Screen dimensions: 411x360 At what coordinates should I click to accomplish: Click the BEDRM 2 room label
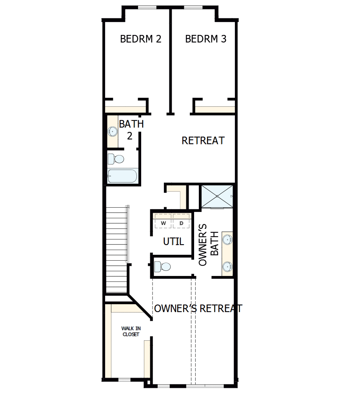pyautogui.click(x=140, y=39)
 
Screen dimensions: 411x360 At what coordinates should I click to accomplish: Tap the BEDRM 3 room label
pyautogui.click(x=205, y=39)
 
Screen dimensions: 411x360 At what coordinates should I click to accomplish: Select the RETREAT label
pyautogui.click(x=203, y=141)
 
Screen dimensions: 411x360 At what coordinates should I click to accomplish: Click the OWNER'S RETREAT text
pyautogui.click(x=198, y=309)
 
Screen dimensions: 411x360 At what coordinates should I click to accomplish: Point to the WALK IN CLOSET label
pyautogui.click(x=131, y=331)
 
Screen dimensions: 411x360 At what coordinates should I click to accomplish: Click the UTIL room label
pyautogui.click(x=173, y=241)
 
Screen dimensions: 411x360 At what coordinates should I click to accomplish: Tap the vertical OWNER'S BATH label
pyautogui.click(x=209, y=245)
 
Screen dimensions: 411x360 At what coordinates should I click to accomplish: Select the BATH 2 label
pyautogui.click(x=131, y=130)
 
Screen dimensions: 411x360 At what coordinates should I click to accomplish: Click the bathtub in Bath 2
pyautogui.click(x=123, y=176)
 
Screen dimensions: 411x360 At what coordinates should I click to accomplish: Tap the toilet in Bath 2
pyautogui.click(x=116, y=159)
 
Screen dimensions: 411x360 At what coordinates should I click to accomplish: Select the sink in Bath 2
pyautogui.click(x=113, y=131)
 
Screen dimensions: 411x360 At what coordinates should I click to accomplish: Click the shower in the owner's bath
pyautogui.click(x=217, y=195)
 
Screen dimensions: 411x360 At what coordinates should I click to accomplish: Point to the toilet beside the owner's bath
pyautogui.click(x=162, y=267)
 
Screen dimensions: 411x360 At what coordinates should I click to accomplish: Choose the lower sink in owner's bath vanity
pyautogui.click(x=227, y=267)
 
